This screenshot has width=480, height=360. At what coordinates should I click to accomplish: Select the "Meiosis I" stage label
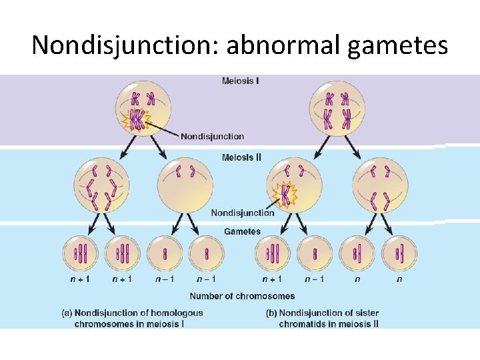240,82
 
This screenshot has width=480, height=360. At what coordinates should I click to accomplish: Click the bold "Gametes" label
242,231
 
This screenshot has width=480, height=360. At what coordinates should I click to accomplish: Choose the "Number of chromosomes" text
242,296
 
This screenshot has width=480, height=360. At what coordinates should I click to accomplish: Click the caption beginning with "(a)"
139,318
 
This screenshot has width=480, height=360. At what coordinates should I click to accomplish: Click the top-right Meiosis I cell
336,109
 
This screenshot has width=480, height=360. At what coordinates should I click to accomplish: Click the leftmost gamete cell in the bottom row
80,254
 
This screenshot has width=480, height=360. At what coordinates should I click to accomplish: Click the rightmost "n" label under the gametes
399,279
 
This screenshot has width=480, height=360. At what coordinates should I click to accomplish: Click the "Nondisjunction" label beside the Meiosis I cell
212,137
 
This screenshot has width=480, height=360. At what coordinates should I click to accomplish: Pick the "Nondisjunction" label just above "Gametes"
242,213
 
